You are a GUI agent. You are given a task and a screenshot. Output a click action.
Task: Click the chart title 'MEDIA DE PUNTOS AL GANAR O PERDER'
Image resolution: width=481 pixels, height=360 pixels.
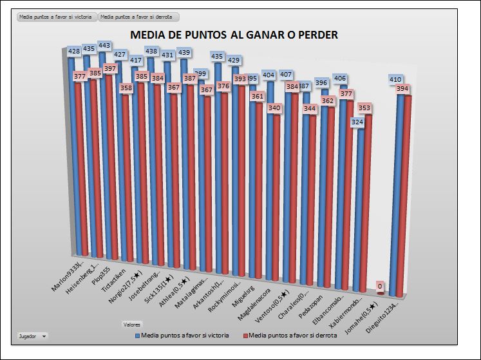[x=234, y=35]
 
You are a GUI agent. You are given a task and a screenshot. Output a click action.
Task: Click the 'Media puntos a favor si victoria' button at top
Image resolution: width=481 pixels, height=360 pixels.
[x=55, y=17]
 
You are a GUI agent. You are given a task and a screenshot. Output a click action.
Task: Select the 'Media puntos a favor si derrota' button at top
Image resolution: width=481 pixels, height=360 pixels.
[x=138, y=17]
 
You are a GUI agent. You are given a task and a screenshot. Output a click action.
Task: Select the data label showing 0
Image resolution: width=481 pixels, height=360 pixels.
[x=381, y=286]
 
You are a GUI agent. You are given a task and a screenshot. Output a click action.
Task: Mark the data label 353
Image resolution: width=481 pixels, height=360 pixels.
[x=364, y=108]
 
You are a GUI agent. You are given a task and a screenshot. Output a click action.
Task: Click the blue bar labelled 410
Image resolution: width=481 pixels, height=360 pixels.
[x=399, y=193]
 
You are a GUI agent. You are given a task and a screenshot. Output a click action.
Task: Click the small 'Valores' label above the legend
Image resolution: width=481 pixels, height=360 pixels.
[x=133, y=324]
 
